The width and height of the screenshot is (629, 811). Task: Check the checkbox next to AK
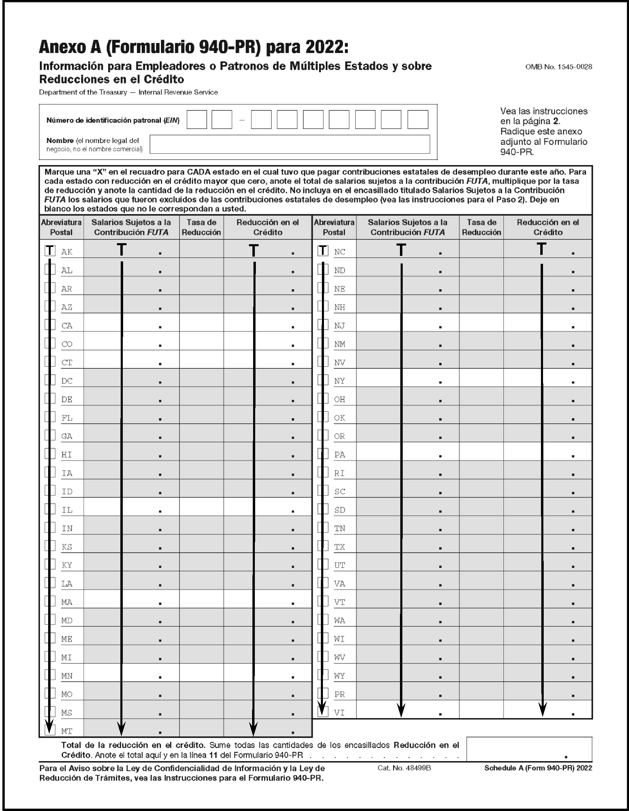click(50, 251)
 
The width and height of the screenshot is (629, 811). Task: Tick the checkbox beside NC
click(323, 251)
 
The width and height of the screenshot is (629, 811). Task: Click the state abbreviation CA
click(67, 326)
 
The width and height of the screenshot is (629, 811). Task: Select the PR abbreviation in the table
click(339, 694)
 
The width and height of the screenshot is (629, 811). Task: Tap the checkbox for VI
click(323, 712)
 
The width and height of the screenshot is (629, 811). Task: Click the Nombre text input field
click(290, 144)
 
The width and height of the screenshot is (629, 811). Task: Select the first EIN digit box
click(196, 120)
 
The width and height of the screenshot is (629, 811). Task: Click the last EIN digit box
click(417, 120)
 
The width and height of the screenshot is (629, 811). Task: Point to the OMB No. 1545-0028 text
click(558, 67)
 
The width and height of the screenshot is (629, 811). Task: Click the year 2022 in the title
click(326, 47)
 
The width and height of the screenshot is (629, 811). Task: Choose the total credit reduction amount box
click(529, 749)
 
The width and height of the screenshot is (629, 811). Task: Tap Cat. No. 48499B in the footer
click(404, 768)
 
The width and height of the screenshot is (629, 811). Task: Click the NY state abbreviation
click(339, 381)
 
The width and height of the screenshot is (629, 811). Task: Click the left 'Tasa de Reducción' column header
click(201, 227)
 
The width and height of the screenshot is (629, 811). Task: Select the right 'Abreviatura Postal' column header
click(334, 227)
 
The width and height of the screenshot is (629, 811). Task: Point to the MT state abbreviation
click(67, 731)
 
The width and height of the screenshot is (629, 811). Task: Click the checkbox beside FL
click(50, 417)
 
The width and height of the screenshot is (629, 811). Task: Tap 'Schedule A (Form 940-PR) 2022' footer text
click(538, 768)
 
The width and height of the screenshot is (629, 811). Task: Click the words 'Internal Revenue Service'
click(178, 92)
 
